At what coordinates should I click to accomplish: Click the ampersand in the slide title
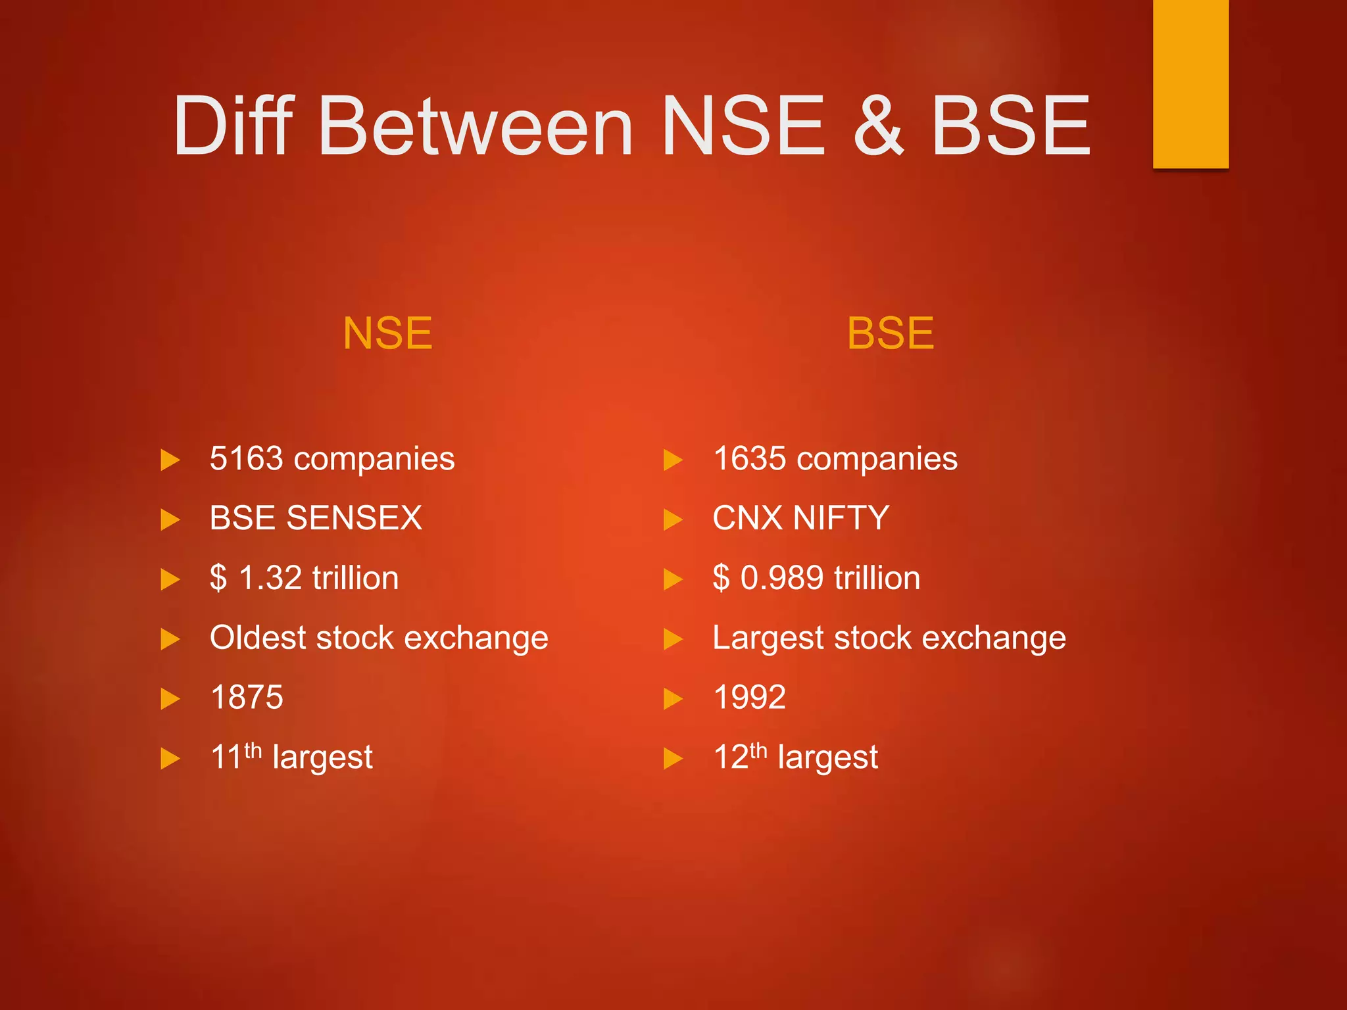tap(879, 126)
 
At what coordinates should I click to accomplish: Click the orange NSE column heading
tap(387, 333)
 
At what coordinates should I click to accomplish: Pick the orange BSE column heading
tap(890, 333)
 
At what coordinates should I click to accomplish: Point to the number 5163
tap(246, 458)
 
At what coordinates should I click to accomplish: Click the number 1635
tap(749, 458)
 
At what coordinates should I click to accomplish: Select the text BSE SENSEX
tap(316, 518)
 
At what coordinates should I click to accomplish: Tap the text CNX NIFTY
tap(800, 518)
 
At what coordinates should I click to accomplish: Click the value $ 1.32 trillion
tap(304, 578)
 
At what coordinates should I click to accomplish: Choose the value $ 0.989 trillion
tap(816, 578)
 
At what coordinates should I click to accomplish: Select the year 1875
tap(247, 697)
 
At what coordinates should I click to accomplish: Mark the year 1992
tap(749, 697)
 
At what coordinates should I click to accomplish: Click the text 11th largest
tap(291, 757)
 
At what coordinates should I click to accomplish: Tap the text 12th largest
tap(795, 757)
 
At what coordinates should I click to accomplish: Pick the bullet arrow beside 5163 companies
tap(170, 460)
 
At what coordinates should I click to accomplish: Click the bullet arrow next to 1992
tap(673, 699)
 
